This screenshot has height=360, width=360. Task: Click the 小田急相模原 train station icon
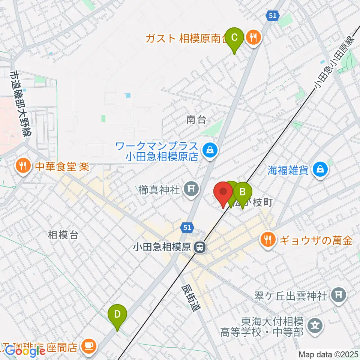click(x=200, y=247)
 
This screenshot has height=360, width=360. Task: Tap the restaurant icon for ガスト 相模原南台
click(x=254, y=37)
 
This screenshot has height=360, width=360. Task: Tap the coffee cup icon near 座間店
click(x=89, y=346)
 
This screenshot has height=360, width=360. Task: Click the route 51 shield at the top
click(x=273, y=15)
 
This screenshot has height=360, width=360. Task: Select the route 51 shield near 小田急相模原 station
click(x=187, y=227)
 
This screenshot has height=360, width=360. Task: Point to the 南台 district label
click(x=196, y=120)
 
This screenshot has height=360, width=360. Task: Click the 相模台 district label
click(x=63, y=235)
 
